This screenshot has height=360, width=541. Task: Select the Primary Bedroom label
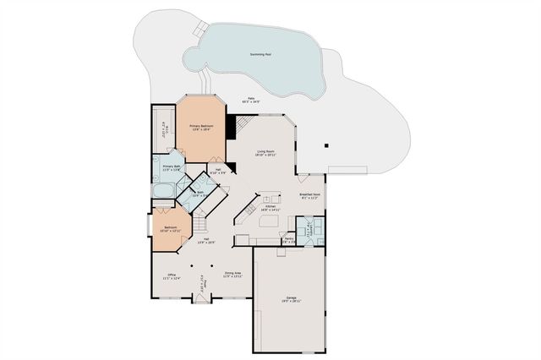click(x=201, y=128)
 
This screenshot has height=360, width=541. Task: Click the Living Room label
click(x=267, y=154)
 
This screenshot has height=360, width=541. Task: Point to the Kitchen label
click(x=271, y=207)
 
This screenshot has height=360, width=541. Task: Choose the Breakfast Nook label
click(x=309, y=197)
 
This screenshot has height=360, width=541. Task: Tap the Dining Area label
click(x=233, y=275)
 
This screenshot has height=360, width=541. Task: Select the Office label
click(x=172, y=275)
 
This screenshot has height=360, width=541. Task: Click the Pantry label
click(x=289, y=239)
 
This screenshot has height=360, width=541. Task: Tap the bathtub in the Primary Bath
click(x=162, y=190)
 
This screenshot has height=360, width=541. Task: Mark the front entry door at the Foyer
click(x=202, y=299)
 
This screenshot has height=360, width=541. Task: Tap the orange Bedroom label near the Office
click(x=171, y=228)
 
